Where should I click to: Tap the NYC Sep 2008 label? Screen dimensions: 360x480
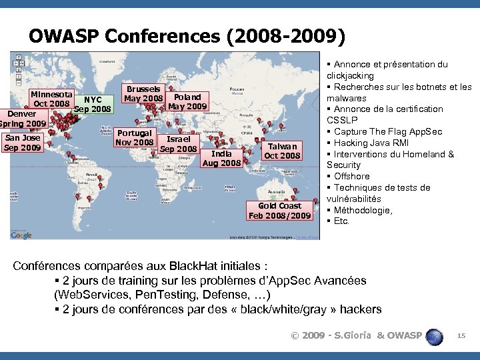[93, 105]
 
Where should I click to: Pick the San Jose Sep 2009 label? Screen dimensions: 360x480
[22, 143]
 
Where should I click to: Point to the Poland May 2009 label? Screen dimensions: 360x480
[187, 101]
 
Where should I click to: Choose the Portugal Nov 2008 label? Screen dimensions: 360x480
[135, 137]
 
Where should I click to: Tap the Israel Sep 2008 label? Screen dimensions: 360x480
[178, 144]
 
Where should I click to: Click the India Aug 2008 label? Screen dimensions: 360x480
[221, 158]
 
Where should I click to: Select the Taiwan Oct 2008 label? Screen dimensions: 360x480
[283, 151]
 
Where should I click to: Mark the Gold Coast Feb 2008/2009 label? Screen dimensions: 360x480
[280, 211]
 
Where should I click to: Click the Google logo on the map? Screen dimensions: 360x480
[21, 235]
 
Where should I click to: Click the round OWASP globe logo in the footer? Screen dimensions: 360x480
[435, 336]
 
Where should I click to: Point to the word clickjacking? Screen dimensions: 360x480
[350, 76]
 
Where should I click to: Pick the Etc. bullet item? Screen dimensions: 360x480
[341, 221]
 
